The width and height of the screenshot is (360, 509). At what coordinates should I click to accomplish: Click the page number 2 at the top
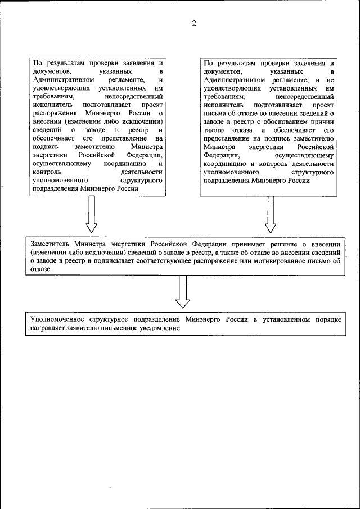(x=193, y=24)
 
